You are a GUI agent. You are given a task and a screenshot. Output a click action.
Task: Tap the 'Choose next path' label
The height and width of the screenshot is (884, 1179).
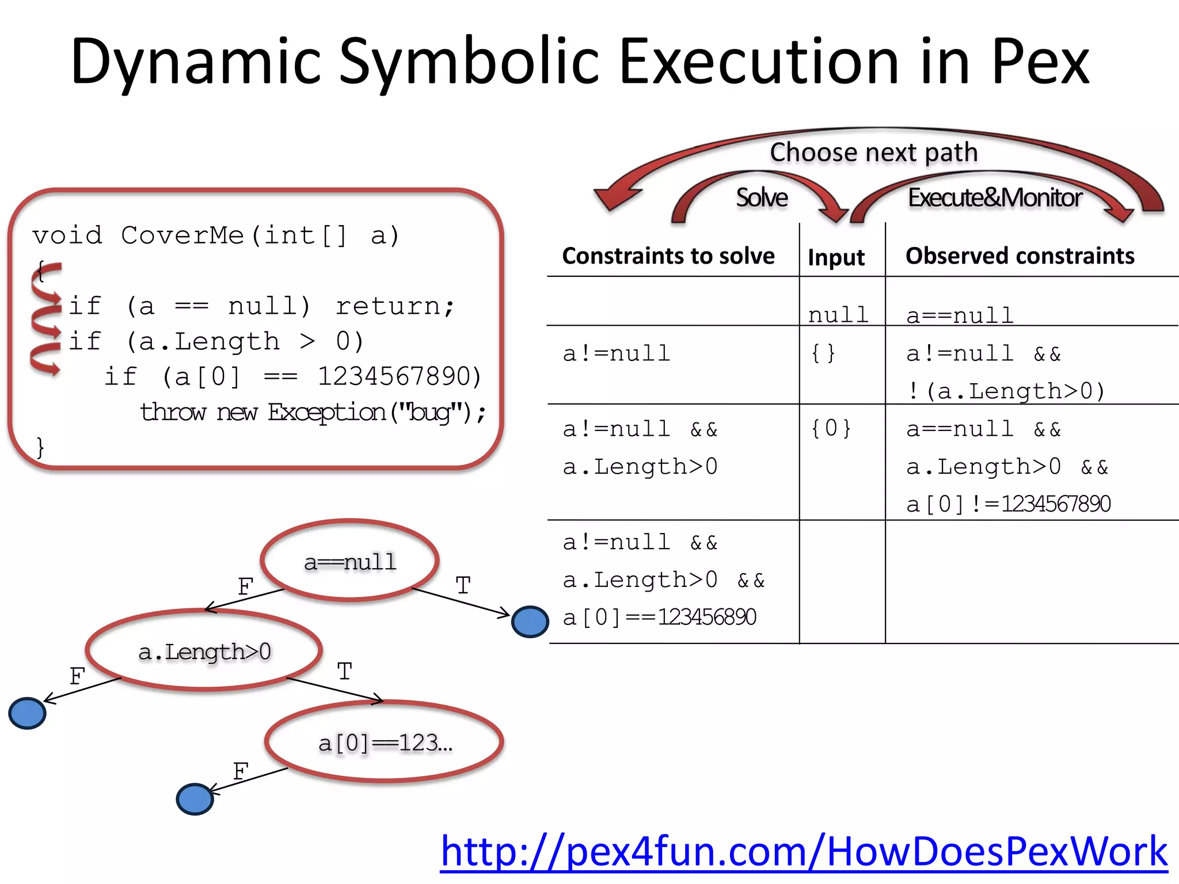[874, 153]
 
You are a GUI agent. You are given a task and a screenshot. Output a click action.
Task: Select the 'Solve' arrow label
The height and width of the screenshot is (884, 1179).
[762, 198]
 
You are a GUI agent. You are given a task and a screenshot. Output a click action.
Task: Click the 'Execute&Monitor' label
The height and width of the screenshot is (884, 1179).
[995, 198]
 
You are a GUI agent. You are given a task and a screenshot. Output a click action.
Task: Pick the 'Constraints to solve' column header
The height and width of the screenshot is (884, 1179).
[668, 256]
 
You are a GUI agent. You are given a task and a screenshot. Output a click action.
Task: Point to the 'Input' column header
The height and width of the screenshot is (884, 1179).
[836, 257]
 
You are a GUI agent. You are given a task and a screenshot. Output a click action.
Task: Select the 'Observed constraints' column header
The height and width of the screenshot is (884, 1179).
[1020, 256]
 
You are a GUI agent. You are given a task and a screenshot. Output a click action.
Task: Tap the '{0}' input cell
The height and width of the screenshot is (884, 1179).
[831, 428]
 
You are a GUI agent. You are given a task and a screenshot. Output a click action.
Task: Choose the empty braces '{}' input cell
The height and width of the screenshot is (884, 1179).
[823, 353]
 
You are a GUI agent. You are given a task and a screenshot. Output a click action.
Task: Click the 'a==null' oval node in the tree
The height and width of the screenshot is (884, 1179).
[350, 561]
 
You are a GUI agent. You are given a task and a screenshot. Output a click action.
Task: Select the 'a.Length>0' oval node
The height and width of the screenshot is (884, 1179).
[204, 651]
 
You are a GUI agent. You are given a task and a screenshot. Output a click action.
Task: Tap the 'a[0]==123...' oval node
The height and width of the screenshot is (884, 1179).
[385, 742]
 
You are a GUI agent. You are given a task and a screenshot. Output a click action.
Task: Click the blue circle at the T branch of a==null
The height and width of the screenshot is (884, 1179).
[530, 622]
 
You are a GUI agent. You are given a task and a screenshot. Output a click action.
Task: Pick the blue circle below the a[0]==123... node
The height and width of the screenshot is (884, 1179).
[195, 799]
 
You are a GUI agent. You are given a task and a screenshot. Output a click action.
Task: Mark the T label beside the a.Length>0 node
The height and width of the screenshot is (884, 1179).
[344, 672]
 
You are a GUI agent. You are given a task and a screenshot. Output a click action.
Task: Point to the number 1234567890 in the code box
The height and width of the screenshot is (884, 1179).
[398, 376]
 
